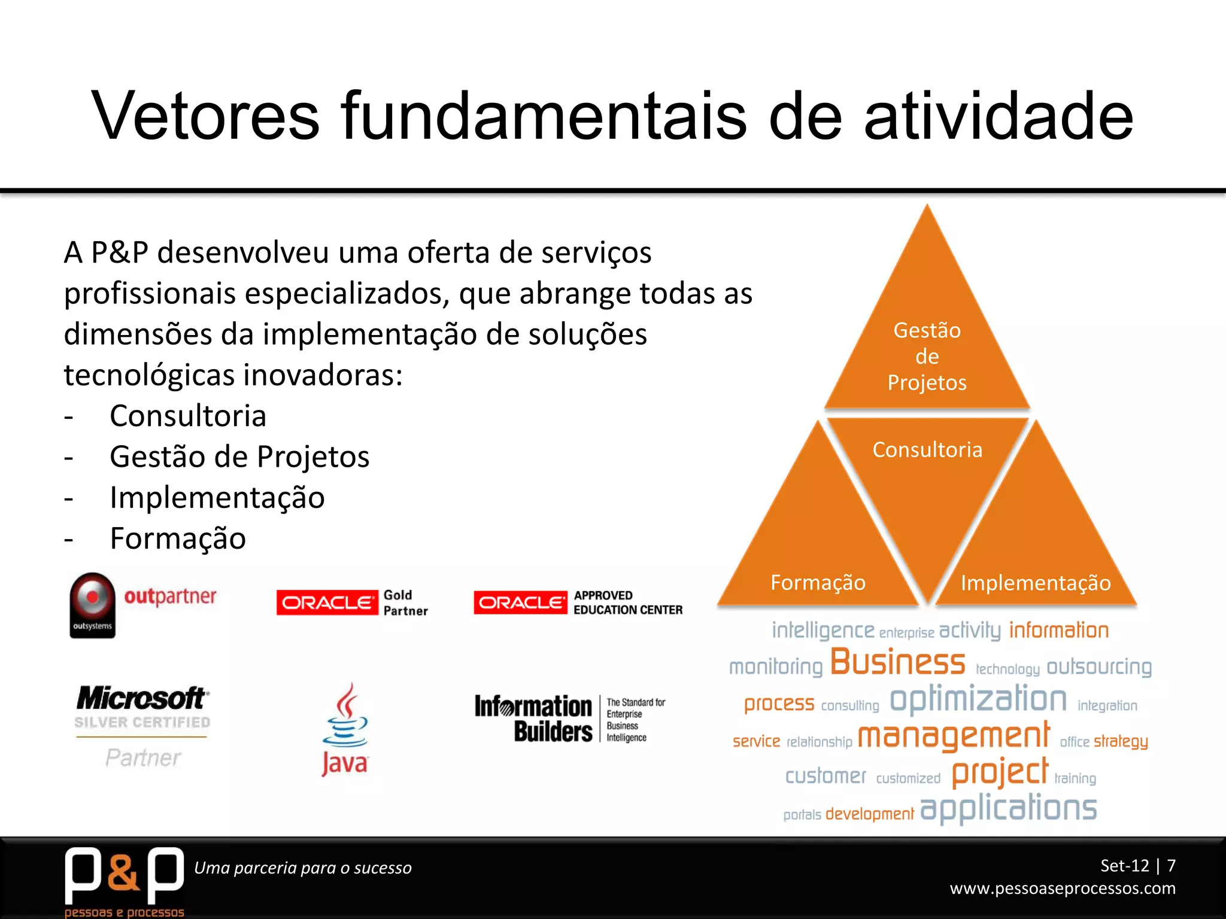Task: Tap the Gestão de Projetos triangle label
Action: (927, 357)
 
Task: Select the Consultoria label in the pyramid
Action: (927, 450)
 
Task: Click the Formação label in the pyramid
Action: (818, 583)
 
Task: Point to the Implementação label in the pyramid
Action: (1035, 583)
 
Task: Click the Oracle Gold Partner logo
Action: (353, 602)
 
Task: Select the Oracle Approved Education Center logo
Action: (578, 602)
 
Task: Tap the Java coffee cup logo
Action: (345, 730)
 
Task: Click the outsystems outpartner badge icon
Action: (92, 605)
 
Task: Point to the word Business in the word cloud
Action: (897, 662)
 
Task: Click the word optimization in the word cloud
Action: (978, 700)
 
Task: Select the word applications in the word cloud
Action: (1008, 809)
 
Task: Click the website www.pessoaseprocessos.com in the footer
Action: (1063, 888)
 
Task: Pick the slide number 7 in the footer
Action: (1171, 866)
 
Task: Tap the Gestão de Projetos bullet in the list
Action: (239, 457)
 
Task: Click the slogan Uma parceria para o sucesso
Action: (303, 868)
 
